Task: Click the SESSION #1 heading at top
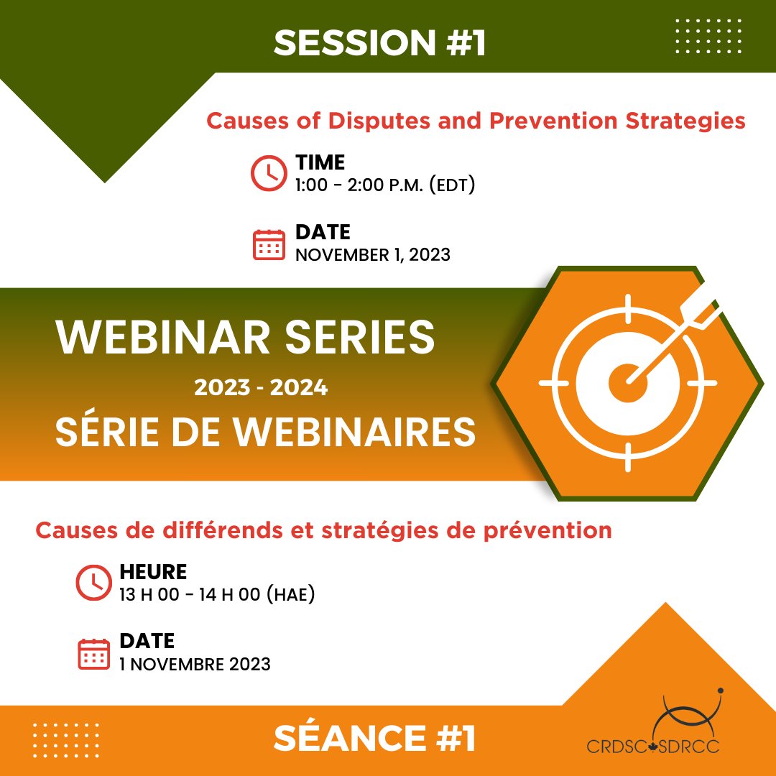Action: coord(379,43)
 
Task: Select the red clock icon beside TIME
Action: coord(267,172)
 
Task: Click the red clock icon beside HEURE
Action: coord(92,583)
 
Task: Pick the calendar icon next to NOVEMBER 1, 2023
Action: coord(269,244)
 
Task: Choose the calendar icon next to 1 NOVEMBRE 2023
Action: coord(93,652)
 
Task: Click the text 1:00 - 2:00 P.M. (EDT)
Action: coord(385,185)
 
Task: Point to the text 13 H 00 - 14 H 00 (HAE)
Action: coord(218,596)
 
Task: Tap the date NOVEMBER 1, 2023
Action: coord(372,255)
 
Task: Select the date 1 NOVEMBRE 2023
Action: coord(195,663)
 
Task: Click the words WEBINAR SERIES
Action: coord(246,338)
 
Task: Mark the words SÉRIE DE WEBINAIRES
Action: coord(265,433)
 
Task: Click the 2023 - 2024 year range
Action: coord(261,388)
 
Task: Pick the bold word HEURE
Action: coord(152,572)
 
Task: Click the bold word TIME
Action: coord(320,162)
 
